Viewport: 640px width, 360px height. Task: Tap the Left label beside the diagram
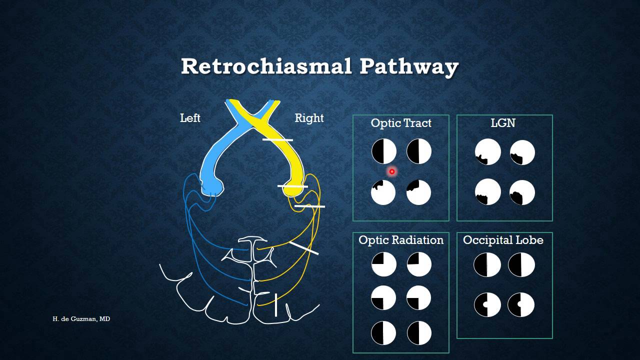pyautogui.click(x=190, y=118)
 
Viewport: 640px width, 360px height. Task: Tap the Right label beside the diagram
pyautogui.click(x=309, y=118)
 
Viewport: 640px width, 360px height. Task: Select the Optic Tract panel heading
pyautogui.click(x=401, y=123)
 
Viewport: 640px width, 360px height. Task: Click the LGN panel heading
pyautogui.click(x=503, y=123)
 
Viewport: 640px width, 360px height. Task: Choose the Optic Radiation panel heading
pyautogui.click(x=401, y=240)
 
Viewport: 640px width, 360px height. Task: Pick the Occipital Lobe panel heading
pyautogui.click(x=503, y=240)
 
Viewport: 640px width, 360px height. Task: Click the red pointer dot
pyautogui.click(x=392, y=171)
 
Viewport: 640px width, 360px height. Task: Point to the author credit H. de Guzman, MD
pyautogui.click(x=81, y=318)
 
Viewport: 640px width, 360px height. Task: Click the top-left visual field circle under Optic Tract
pyautogui.click(x=384, y=151)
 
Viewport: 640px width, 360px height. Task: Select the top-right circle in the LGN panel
pyautogui.click(x=522, y=152)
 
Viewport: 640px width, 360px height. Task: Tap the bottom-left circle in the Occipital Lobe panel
pyautogui.click(x=487, y=304)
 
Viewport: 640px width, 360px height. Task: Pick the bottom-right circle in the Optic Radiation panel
pyautogui.click(x=419, y=333)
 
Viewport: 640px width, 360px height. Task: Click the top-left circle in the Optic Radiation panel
pyautogui.click(x=384, y=264)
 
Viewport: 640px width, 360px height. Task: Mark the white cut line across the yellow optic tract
pyautogui.click(x=277, y=140)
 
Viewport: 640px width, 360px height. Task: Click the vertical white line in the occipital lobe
pyautogui.click(x=275, y=305)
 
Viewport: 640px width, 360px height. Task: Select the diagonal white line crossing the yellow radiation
pyautogui.click(x=303, y=248)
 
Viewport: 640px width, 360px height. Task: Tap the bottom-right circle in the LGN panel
pyautogui.click(x=522, y=192)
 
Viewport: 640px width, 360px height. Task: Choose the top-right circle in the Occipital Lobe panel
pyautogui.click(x=521, y=264)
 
